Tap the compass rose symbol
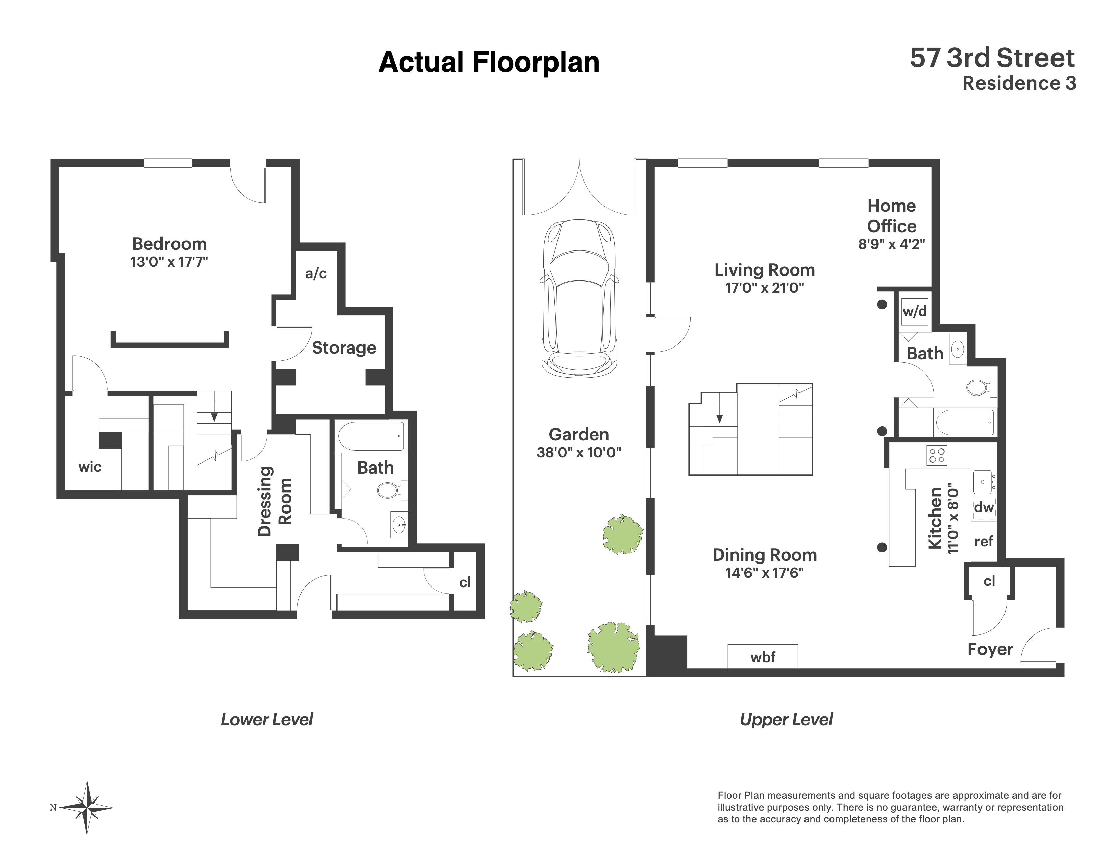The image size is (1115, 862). [88, 807]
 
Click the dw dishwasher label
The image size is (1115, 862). [984, 508]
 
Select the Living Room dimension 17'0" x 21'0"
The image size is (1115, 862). [764, 288]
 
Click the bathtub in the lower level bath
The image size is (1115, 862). [372, 436]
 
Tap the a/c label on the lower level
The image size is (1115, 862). [316, 274]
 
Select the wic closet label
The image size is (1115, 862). [90, 467]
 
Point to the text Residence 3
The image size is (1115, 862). [1019, 83]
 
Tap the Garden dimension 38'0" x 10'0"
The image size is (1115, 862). [578, 452]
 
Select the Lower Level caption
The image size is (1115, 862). [267, 720]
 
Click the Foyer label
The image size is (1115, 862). [990, 649]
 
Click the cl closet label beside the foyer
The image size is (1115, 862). [989, 581]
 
